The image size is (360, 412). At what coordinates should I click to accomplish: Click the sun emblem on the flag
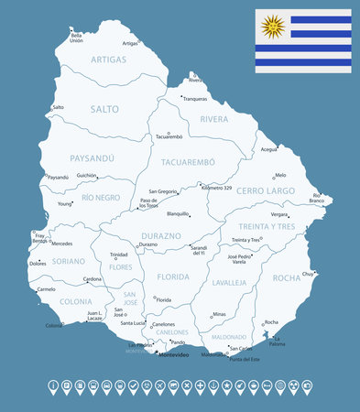coord(271,27)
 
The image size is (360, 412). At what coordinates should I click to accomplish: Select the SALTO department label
coord(104,109)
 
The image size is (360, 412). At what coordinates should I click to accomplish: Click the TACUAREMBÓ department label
coord(187,162)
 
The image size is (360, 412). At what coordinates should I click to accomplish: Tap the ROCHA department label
coord(287,277)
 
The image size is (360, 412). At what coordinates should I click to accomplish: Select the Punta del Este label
coord(245,360)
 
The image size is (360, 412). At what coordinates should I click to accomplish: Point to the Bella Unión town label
coord(76,39)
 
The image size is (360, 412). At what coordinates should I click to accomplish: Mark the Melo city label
coord(280,174)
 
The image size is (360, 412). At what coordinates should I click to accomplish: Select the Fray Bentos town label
coord(39,237)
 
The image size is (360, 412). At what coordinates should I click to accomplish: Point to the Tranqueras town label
coord(194,99)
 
